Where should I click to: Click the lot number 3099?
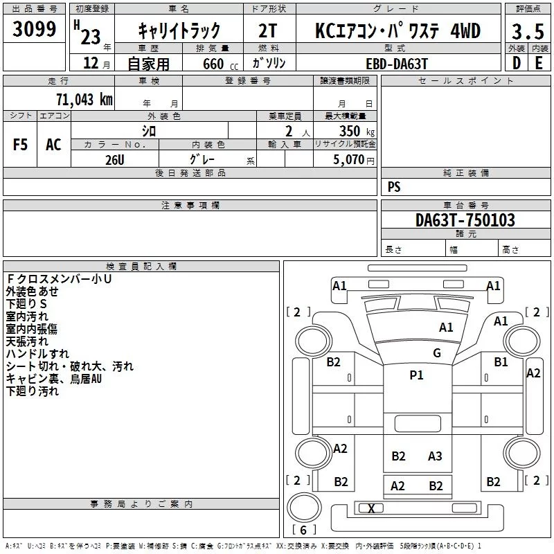point(34,29)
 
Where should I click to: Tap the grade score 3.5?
point(528,31)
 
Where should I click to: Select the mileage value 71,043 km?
point(84,99)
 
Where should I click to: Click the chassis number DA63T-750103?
point(465,220)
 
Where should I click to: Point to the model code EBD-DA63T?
point(397,64)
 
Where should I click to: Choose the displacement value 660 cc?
point(220,64)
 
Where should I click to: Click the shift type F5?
point(20,145)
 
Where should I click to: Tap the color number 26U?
point(115,160)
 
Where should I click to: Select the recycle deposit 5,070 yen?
point(354,160)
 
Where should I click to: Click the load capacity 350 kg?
point(357,131)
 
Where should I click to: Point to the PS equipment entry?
point(394,187)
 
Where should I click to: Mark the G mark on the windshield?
point(437,352)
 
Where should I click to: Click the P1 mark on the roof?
point(416,375)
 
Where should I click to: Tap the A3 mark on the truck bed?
point(435,456)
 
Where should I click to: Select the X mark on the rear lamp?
point(371,509)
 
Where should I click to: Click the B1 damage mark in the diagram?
point(501,361)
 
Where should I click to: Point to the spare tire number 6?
point(303,530)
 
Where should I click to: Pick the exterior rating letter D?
point(517,63)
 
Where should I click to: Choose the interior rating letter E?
point(539,63)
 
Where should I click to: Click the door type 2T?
point(268,30)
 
